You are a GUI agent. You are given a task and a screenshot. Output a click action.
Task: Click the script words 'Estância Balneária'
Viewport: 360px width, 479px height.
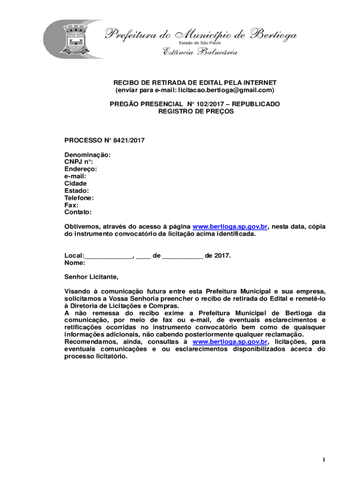click(x=200, y=52)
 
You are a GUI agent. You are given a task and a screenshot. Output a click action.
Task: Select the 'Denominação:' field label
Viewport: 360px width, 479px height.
click(x=87, y=154)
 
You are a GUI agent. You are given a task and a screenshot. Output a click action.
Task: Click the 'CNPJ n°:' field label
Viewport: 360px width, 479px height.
click(x=79, y=162)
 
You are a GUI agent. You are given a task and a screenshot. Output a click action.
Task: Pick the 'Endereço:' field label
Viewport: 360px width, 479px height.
click(x=81, y=169)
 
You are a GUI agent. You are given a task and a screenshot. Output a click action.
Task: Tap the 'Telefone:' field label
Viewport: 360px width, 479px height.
click(x=79, y=198)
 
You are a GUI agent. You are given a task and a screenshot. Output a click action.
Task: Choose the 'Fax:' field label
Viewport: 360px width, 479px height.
click(x=71, y=205)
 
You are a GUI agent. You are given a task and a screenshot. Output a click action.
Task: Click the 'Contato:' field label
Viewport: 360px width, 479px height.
click(x=78, y=212)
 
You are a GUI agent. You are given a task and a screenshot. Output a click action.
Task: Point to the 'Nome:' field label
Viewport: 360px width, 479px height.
click(x=75, y=263)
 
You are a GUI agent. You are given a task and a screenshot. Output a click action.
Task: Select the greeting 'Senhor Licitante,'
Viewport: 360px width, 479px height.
click(x=92, y=277)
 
